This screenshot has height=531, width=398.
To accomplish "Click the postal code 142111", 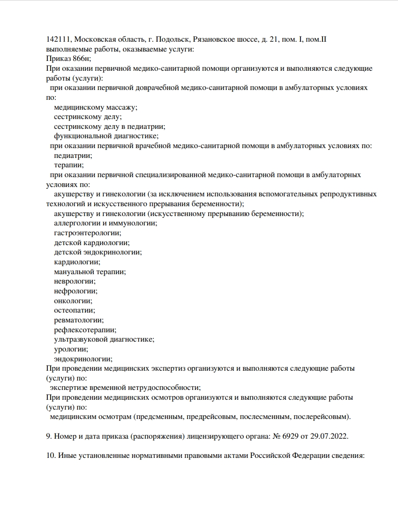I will [x=59, y=39].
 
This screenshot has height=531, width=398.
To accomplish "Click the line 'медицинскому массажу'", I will [x=96, y=107].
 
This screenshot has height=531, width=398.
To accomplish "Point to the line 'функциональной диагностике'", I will [x=106, y=136].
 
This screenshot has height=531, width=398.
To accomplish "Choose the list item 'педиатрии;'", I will [x=73, y=156].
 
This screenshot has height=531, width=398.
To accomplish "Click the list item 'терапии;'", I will [x=69, y=165].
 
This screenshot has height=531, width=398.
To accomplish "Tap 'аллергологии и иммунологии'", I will [x=105, y=224].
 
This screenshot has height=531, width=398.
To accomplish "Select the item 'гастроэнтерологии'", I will [x=87, y=233].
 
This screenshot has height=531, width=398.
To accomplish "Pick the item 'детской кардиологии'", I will [x=91, y=243].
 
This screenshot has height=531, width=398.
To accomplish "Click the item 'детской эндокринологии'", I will [x=98, y=253].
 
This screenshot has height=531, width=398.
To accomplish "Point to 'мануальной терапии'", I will [x=90, y=272].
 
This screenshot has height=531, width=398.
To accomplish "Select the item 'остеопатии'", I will [x=74, y=310].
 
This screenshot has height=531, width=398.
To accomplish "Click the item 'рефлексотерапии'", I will [x=85, y=330].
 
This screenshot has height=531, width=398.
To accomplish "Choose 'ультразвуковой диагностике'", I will [x=104, y=339].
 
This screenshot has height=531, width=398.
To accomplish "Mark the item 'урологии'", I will [x=71, y=349].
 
